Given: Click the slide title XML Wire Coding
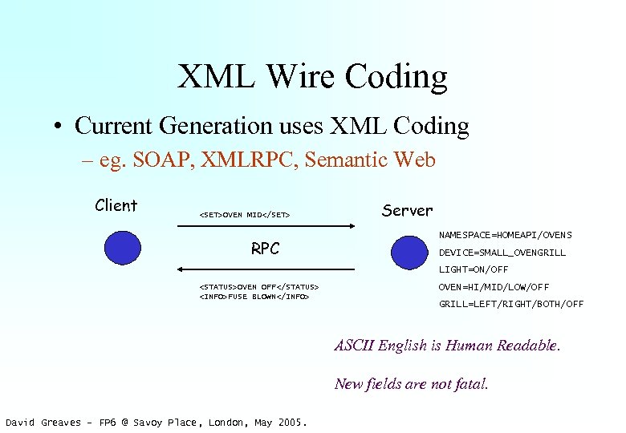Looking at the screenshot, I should pos(312,77).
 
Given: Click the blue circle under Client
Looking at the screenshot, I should pos(121,248).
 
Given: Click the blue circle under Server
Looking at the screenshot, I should pos(408,251).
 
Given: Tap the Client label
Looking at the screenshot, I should pos(116,205).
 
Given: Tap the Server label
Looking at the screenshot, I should pos(407,210).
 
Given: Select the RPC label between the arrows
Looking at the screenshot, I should pos(265,249).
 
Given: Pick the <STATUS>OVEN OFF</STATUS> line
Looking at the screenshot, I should pos(258,286).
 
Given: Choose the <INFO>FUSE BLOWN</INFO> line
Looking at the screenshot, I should pos(254,297).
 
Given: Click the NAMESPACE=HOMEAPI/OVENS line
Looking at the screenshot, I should pos(505,235).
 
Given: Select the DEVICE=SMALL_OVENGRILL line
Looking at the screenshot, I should pos(502,253).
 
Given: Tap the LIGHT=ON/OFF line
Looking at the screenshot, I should pos(474,269).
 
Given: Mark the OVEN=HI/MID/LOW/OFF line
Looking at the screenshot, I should pos(494,287).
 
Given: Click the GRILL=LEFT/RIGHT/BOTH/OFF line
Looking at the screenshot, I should pos(511,304).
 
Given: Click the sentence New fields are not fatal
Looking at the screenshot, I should pos(411,383).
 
